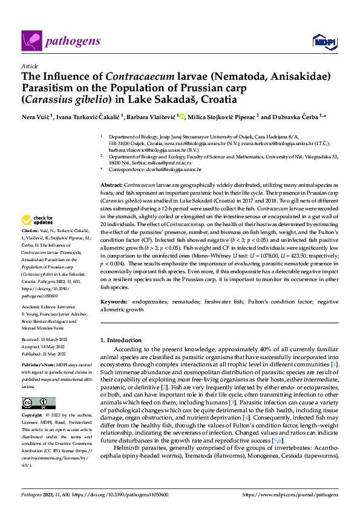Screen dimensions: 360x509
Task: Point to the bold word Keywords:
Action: coord(114,301)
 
